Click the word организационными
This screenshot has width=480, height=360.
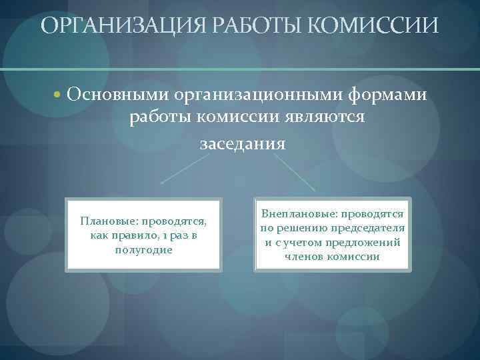pyautogui.click(x=258, y=95)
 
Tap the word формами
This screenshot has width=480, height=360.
pyautogui.click(x=387, y=95)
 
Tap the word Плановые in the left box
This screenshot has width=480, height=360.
pyautogui.click(x=107, y=220)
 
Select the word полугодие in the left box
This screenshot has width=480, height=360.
pyautogui.click(x=143, y=249)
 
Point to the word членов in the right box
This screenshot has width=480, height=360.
pyautogui.click(x=304, y=257)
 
